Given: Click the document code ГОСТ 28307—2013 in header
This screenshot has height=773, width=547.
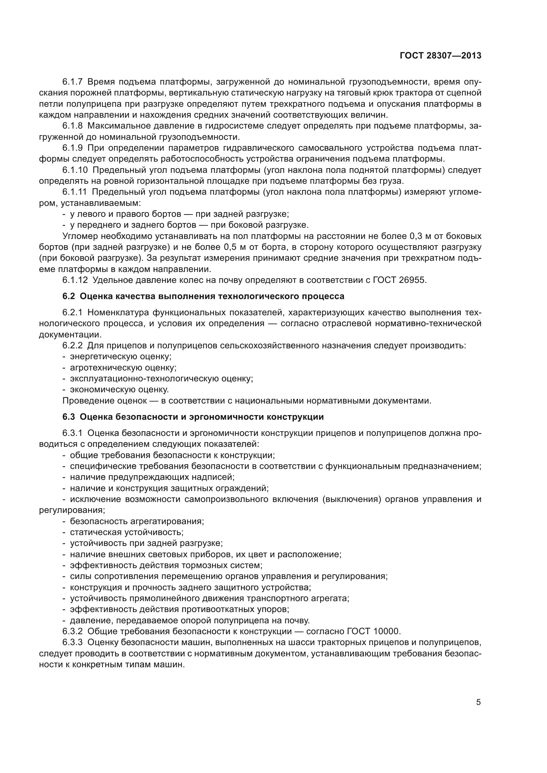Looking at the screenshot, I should pyautogui.click(x=440, y=56).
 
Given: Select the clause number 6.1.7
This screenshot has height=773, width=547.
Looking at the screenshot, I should pyautogui.click(x=72, y=82).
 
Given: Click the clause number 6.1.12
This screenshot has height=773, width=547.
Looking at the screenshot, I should pyautogui.click(x=75, y=280).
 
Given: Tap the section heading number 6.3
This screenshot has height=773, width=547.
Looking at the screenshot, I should pyautogui.click(x=69, y=417).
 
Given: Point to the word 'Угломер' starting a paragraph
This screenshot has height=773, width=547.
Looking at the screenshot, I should pyautogui.click(x=80, y=236).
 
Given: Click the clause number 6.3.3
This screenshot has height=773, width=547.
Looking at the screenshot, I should pyautogui.click(x=72, y=642).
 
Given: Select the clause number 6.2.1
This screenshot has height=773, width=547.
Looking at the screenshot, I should pyautogui.click(x=72, y=312).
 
